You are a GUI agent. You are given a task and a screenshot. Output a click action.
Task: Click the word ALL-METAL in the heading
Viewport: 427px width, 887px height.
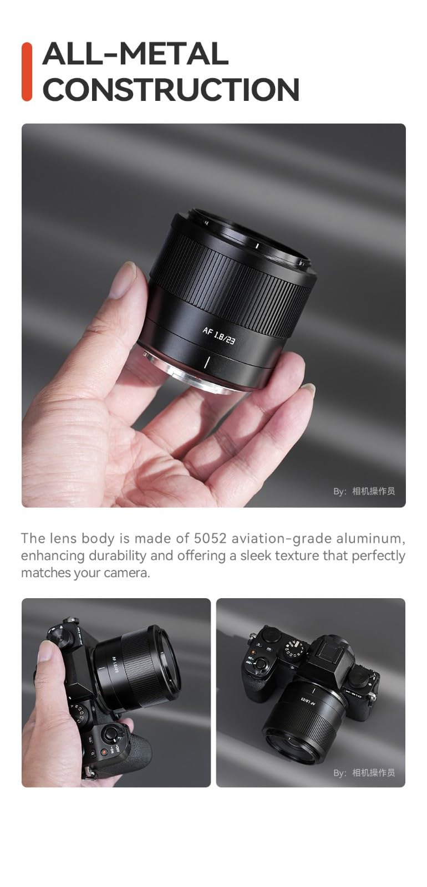135,54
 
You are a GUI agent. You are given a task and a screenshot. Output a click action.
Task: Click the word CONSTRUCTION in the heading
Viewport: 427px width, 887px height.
171,90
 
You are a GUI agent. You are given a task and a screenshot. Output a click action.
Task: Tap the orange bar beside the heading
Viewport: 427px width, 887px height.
27,72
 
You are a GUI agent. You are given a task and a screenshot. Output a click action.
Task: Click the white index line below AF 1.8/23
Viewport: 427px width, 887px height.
206,363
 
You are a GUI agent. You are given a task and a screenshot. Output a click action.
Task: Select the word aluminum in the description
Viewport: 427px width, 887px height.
374,538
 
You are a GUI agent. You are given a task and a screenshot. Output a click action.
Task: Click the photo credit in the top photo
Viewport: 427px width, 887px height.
364,491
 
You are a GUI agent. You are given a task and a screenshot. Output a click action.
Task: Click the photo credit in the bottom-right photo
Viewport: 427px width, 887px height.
364,773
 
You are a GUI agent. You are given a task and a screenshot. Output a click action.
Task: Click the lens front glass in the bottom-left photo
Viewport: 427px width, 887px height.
166,665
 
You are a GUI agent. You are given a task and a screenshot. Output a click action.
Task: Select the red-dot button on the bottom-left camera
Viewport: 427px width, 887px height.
104,752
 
